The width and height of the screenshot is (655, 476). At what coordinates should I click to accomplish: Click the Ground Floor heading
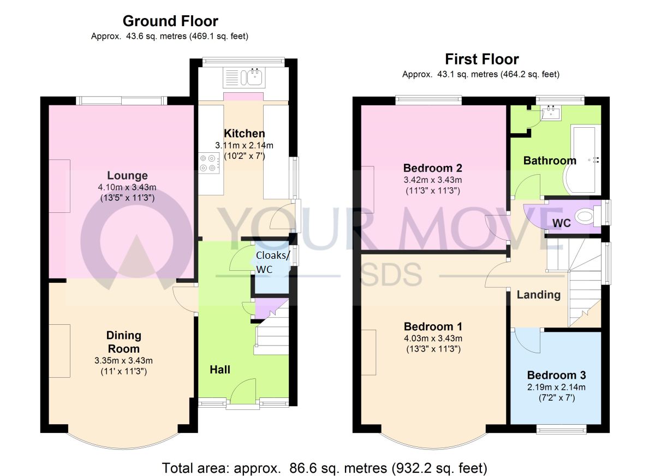[170, 21]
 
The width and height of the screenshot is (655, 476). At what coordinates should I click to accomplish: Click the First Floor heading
[481, 59]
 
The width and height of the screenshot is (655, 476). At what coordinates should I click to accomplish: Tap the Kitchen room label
[245, 133]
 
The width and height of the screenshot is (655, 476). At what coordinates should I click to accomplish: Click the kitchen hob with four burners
[209, 163]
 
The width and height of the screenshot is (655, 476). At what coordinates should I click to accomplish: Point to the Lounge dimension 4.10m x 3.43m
[127, 187]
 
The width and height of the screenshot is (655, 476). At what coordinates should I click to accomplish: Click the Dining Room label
[124, 342]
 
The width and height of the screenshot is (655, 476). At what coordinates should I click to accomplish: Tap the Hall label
[220, 370]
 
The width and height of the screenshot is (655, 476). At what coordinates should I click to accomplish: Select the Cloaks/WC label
[272, 262]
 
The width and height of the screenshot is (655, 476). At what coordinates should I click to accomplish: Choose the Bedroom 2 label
[433, 168]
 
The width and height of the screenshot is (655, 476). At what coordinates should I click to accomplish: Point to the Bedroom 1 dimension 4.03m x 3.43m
[433, 338]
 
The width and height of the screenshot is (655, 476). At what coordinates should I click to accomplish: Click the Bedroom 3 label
[556, 375]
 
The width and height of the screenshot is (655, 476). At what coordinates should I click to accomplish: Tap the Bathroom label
[550, 160]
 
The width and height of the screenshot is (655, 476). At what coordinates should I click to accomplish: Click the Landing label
[539, 295]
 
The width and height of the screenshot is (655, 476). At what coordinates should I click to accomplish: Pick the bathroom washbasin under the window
[551, 112]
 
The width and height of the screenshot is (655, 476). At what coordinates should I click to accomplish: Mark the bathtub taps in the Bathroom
[594, 160]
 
